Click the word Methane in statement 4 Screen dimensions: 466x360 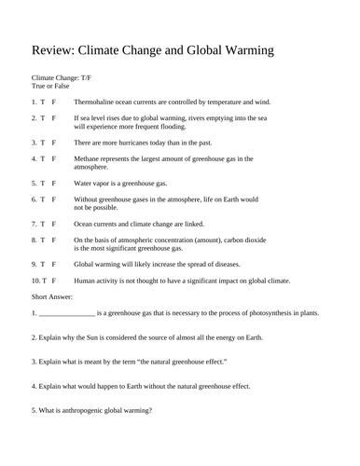coord(90,158)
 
